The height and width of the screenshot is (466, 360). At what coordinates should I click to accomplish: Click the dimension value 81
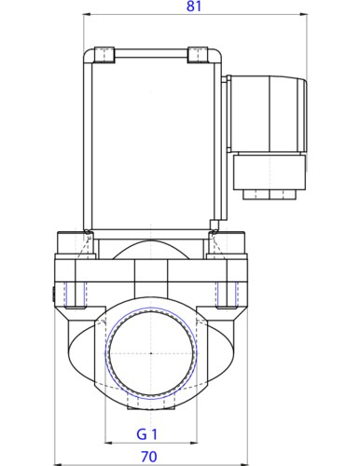tap(194, 7)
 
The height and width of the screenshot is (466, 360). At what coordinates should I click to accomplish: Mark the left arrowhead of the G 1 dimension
tap(108, 445)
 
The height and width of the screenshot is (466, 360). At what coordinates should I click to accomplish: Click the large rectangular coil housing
tap(151, 140)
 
